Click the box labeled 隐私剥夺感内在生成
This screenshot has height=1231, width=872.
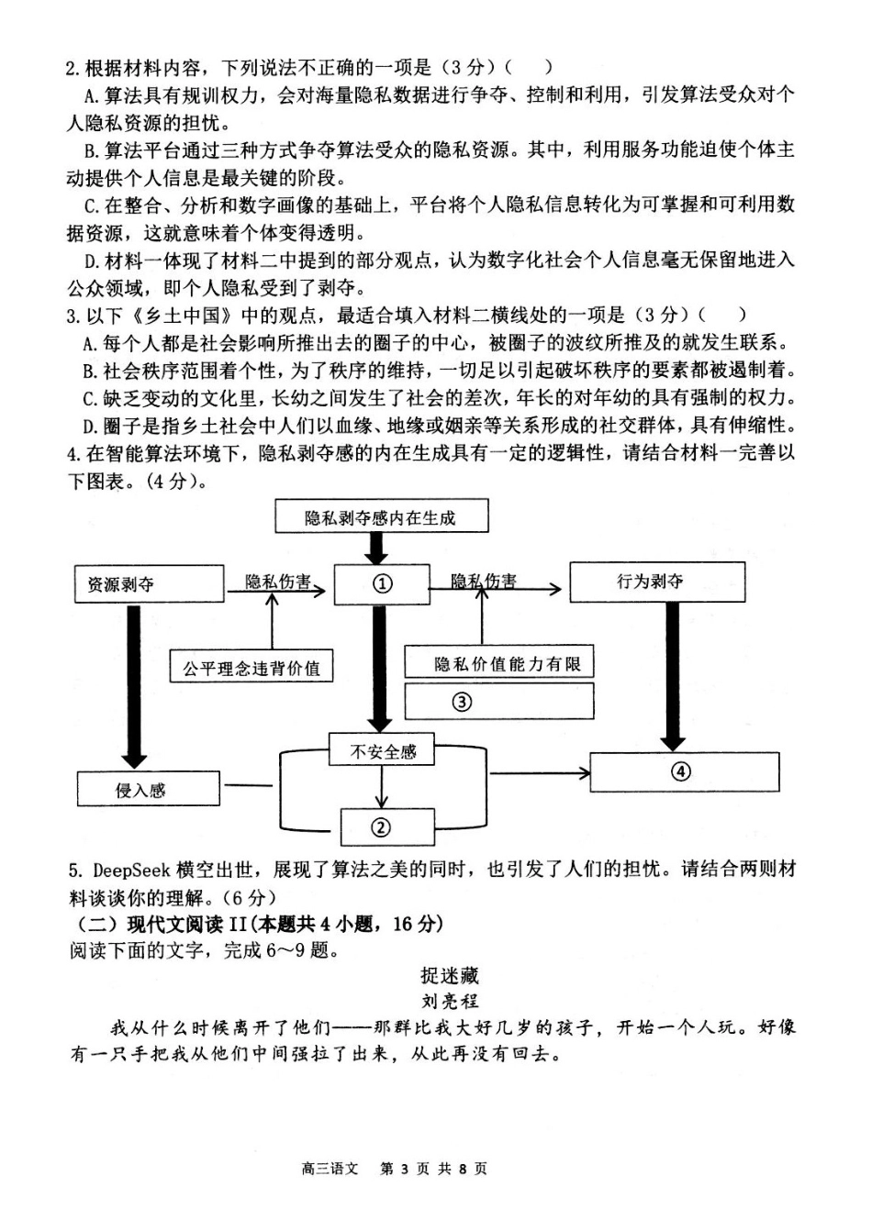380,517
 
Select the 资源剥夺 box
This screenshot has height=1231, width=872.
148,584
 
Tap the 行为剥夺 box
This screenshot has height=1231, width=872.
656,582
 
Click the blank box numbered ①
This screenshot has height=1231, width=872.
382,584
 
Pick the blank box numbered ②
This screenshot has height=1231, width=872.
384,826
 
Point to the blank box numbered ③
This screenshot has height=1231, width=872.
498,702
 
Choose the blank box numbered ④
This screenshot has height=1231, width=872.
683,771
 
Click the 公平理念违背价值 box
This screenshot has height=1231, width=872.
251,667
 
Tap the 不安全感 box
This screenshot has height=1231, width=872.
382,751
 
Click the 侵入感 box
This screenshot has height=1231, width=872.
148,789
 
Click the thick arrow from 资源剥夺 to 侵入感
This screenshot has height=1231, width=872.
134,683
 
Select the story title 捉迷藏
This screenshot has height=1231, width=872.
450,976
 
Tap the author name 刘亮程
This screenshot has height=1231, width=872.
450,1001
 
